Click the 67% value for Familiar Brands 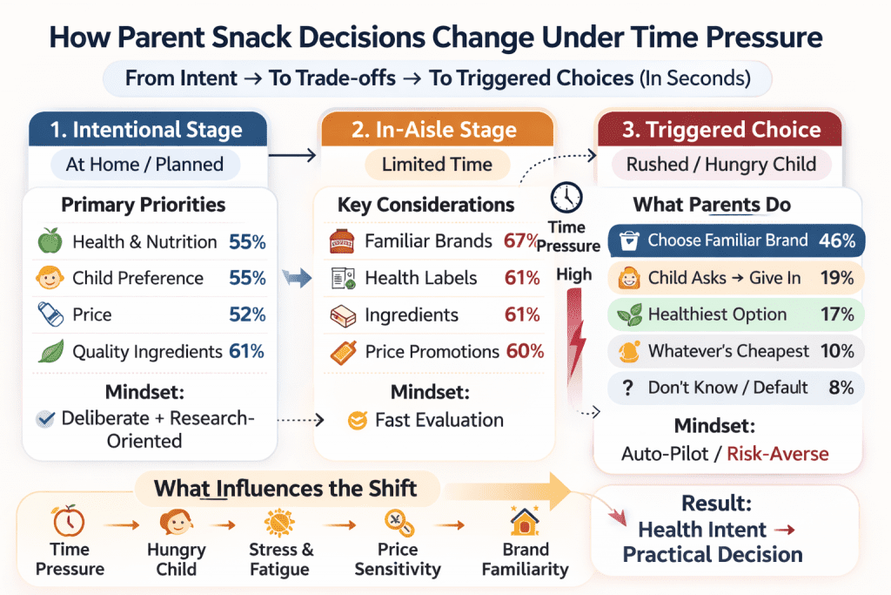[522, 241]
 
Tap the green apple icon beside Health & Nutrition [49, 241]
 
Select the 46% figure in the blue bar [837, 240]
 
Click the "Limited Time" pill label [437, 164]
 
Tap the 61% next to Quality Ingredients [246, 352]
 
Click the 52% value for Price [247, 315]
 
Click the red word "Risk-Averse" [778, 453]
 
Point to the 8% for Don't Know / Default [841, 388]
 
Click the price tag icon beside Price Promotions [343, 352]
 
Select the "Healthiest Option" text [717, 314]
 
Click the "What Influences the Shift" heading [285, 488]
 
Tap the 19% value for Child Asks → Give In [837, 278]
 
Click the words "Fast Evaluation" [439, 420]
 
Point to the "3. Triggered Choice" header [721, 131]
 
